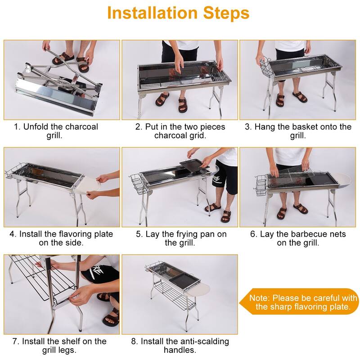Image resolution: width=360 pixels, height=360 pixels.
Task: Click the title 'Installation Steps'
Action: coord(178,13)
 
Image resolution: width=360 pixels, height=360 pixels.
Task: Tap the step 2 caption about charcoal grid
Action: coord(180,131)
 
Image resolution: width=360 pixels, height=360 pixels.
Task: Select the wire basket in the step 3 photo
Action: coord(265,67)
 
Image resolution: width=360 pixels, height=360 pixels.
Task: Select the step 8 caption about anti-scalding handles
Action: coord(180,346)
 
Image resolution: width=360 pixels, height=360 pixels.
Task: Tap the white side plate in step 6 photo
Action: coord(346,180)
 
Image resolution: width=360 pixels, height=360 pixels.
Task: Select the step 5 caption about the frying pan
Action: coord(180,238)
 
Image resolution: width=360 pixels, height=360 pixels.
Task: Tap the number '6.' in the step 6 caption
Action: coord(255,234)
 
